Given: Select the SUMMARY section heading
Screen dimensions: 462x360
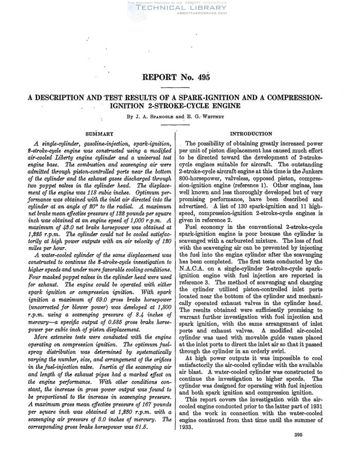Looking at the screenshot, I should coord(100,133).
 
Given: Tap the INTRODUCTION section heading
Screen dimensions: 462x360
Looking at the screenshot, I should coord(251,133).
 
